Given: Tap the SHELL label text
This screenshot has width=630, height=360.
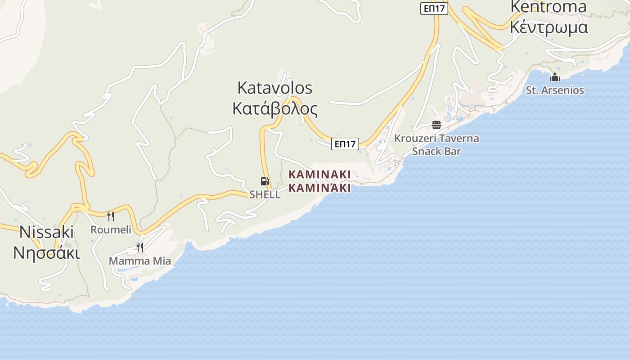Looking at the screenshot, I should point(265,194).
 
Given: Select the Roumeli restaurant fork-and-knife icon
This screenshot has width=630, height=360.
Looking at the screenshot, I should point(111,216).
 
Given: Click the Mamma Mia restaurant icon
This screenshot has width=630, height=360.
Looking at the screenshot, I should point(140,247).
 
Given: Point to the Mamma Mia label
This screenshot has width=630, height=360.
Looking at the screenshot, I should point(140,261).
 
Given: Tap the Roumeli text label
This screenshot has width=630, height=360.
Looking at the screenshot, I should point(111,229).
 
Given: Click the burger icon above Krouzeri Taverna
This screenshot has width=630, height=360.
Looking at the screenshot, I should point(436,125).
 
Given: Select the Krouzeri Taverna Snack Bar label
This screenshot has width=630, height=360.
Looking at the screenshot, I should point(436,144).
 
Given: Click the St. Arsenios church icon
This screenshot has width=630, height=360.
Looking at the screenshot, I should point(555,77).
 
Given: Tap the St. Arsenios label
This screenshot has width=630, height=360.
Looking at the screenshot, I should point(555,90).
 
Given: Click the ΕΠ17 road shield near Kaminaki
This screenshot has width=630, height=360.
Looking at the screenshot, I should point(345,144).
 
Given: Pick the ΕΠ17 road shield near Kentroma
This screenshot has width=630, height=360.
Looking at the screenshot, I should point(434,8).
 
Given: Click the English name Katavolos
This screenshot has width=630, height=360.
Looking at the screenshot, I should point(274,88).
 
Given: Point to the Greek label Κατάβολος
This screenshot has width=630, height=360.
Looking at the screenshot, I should point(274,109).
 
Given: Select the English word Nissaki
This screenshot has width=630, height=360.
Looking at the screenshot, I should point(46,232).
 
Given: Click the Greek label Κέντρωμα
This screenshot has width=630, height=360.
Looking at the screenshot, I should point(549,27).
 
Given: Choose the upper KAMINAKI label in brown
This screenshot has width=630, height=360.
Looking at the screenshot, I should point(319,174).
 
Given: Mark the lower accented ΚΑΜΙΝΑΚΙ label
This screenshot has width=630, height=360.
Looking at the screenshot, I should point(319,188).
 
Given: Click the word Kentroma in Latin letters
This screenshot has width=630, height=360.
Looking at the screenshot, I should point(549,7).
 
